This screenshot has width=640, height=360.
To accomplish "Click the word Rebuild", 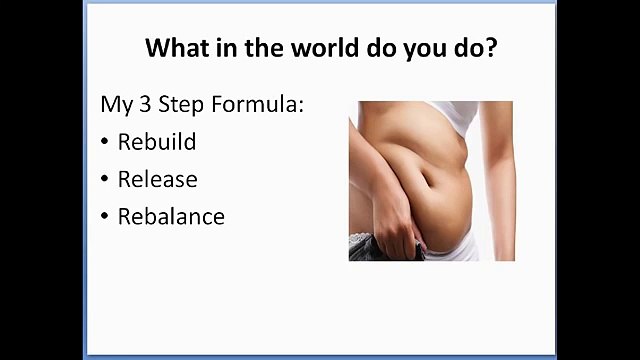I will (156, 142).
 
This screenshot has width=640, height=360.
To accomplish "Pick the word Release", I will (157, 179).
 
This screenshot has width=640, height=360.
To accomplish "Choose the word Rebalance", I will (171, 216).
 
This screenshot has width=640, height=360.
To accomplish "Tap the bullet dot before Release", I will (105, 180).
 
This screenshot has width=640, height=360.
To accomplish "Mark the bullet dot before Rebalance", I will (105, 217).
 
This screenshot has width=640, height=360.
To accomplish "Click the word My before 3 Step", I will (114, 105).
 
